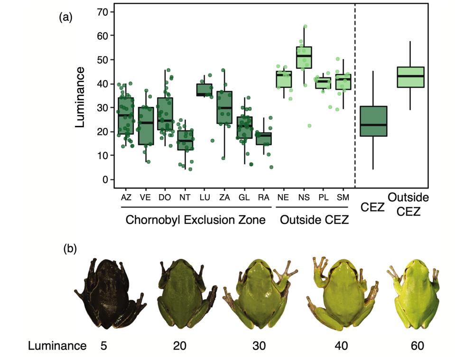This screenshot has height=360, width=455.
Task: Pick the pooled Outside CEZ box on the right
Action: [x=410, y=77]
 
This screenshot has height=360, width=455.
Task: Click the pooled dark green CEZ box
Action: [x=374, y=121]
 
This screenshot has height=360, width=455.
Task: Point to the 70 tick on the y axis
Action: [x=108, y=11]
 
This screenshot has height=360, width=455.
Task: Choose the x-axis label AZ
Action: [x=126, y=197]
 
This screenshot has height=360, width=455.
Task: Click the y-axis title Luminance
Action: [x=81, y=97]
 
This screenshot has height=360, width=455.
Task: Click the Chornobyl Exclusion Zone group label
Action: [x=195, y=220]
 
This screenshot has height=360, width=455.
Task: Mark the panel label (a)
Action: [x=65, y=18]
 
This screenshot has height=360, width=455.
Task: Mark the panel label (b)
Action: [x=70, y=248]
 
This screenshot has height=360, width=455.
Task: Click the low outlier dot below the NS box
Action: [x=309, y=126]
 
